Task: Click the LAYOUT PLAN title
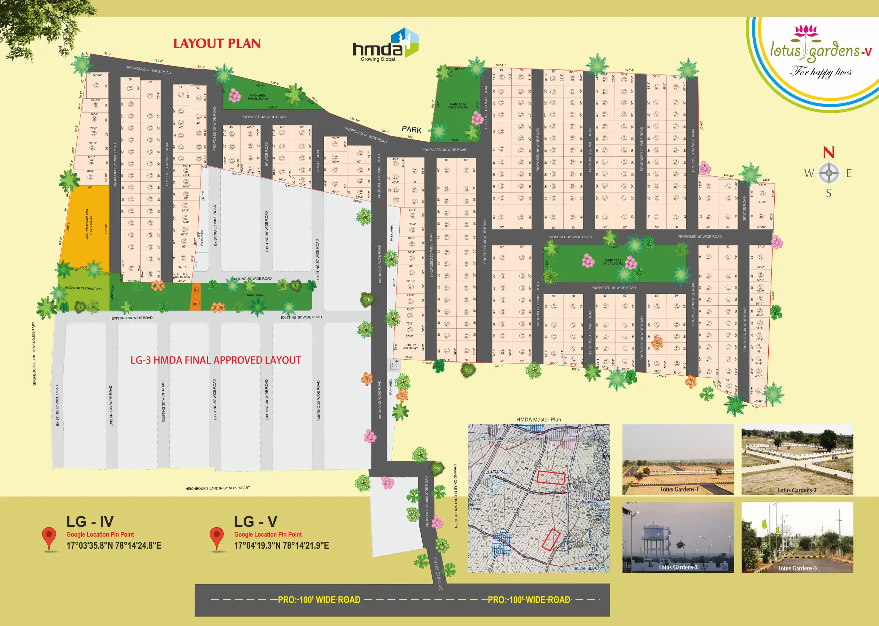(x=217, y=43)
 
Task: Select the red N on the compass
(x=829, y=152)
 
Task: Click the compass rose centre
(x=829, y=173)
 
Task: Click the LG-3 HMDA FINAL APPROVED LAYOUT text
(x=216, y=360)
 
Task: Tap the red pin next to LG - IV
(x=49, y=537)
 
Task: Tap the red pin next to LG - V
(x=217, y=537)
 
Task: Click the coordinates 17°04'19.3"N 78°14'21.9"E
(x=281, y=546)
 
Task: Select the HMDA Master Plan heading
(x=538, y=420)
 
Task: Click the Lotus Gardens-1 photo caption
(x=679, y=490)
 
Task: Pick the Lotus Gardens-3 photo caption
(x=797, y=568)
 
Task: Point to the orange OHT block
(x=196, y=303)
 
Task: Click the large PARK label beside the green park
(x=411, y=130)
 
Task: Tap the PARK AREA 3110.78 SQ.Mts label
(x=613, y=262)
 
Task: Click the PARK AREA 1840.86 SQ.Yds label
(x=257, y=97)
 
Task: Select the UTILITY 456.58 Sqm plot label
(x=410, y=346)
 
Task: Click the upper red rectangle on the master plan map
(x=551, y=478)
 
